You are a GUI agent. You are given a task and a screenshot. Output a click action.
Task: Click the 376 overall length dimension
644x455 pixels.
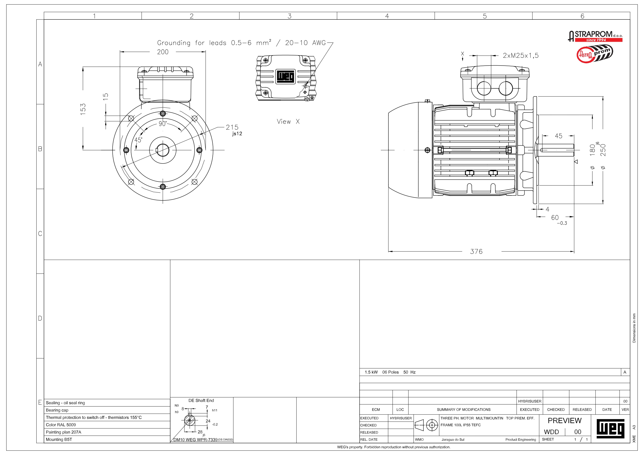(x=476, y=251)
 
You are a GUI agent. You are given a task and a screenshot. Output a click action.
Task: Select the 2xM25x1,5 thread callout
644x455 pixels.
(x=520, y=55)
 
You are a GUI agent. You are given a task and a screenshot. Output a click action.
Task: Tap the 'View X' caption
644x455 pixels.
(x=288, y=122)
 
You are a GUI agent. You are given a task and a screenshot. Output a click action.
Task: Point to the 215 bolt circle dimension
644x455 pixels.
(x=232, y=127)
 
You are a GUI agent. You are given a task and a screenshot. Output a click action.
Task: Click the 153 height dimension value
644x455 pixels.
(x=83, y=109)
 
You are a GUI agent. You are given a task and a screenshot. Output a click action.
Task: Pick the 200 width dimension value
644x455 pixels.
(x=163, y=52)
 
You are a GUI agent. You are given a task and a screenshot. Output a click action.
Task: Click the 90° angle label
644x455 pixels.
(x=163, y=124)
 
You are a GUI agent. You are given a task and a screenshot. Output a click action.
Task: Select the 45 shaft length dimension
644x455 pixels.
(x=558, y=136)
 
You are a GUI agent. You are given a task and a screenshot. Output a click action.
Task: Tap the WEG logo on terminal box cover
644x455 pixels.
(x=285, y=76)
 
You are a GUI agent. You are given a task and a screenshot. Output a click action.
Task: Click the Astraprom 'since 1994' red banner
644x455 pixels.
(x=599, y=40)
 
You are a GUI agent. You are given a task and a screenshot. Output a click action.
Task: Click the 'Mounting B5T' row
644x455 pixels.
(x=59, y=439)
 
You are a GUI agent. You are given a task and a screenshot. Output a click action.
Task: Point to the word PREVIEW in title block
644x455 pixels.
(x=564, y=421)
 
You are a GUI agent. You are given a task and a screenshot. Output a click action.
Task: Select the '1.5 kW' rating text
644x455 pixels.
(x=371, y=372)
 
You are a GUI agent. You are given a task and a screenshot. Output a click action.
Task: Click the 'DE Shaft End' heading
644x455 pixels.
(x=201, y=400)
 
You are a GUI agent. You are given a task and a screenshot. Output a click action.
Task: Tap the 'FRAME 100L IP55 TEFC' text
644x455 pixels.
(x=461, y=425)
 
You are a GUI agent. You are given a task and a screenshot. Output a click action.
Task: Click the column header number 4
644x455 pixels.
(x=387, y=16)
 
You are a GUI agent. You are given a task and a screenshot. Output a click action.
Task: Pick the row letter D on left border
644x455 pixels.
(x=40, y=318)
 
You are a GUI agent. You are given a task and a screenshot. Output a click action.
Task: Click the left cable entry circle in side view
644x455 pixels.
(x=484, y=89)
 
